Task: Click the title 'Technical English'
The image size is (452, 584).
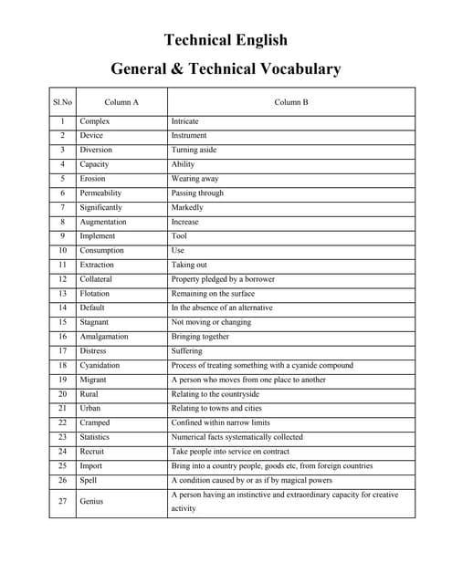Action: (226, 39)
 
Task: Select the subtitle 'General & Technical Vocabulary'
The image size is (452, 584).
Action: (226, 68)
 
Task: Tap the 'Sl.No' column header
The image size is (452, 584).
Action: (62, 101)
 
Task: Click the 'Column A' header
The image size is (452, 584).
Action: (121, 101)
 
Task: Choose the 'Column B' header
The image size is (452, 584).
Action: (291, 101)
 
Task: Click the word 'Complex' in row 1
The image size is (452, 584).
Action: (94, 121)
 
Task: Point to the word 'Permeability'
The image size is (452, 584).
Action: (100, 193)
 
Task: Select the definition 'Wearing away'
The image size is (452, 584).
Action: (194, 179)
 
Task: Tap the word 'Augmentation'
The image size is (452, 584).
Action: (102, 222)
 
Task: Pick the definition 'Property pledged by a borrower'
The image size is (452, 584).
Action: (223, 279)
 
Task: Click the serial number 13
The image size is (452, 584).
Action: (62, 294)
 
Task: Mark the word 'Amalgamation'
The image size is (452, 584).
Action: (103, 337)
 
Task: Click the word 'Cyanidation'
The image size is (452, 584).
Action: (100, 365)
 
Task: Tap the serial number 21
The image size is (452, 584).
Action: (62, 408)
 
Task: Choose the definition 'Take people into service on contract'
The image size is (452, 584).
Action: (230, 452)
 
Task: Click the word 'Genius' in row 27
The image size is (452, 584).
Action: (91, 501)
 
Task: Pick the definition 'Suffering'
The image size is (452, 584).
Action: (187, 351)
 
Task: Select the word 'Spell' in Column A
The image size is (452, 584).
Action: (89, 480)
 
